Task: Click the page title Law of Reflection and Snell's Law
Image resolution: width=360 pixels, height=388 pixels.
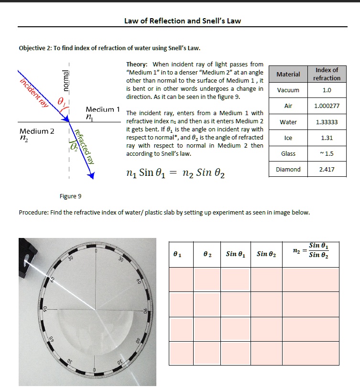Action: point(182,21)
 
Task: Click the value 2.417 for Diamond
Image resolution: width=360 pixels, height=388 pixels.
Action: point(327,169)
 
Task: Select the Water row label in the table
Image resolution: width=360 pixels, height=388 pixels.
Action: point(288,122)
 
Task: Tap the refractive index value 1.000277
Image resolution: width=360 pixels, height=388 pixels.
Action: point(327,106)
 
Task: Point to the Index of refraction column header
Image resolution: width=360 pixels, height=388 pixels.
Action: point(327,74)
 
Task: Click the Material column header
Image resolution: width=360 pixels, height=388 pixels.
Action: point(288,74)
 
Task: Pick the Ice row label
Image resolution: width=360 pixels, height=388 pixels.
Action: point(288,138)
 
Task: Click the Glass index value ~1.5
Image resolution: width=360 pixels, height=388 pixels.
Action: point(327,153)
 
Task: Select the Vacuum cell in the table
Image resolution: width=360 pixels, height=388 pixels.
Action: point(288,90)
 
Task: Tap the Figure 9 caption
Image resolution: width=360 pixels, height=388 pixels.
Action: point(70,196)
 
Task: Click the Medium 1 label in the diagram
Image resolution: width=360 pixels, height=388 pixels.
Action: point(102,109)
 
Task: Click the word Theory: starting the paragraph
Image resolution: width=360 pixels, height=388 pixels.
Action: point(137,64)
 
